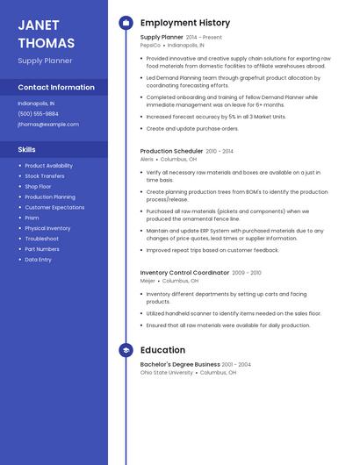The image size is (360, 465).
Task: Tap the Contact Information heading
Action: click(56, 87)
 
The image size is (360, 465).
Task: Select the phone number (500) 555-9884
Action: click(38, 113)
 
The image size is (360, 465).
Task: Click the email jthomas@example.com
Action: click(48, 124)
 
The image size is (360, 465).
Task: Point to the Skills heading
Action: click(26, 149)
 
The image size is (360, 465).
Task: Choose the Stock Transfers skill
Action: click(45, 175)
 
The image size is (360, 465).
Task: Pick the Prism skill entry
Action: click(32, 218)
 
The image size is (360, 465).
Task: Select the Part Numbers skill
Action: click(41, 249)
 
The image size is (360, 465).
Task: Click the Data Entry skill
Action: click(38, 260)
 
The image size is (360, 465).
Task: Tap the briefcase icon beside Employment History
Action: click(126, 23)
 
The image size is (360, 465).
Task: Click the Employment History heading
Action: click(185, 23)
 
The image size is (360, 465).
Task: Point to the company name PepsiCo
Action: click(150, 45)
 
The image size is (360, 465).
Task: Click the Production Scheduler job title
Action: click(171, 151)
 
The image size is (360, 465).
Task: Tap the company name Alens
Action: click(147, 159)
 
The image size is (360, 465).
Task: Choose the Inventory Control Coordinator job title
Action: click(184, 273)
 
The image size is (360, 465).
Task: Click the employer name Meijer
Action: click(148, 281)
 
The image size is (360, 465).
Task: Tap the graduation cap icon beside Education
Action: click(126, 350)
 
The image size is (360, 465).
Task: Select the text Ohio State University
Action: click(166, 372)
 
